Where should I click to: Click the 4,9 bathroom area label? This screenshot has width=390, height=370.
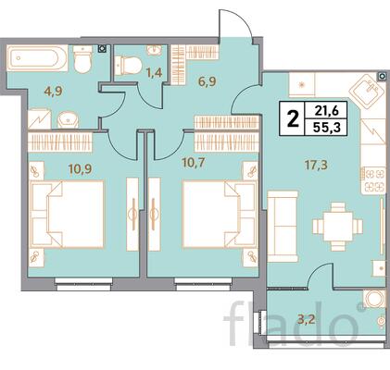(53, 92)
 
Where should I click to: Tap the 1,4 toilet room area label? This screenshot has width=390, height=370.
(155, 73)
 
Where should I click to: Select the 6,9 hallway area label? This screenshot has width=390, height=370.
(208, 82)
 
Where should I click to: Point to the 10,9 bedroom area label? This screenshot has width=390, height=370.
(81, 169)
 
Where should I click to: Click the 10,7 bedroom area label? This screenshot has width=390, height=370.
(194, 163)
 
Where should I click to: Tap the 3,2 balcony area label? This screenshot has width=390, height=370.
(306, 320)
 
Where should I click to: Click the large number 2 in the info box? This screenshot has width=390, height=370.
(294, 118)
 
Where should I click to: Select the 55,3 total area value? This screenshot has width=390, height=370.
(327, 127)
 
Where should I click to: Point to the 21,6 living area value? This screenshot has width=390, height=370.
(327, 110)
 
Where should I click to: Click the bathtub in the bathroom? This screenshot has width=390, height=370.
(37, 58)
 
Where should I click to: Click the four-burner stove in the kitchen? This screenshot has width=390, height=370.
(373, 179)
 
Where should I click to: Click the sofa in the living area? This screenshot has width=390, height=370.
(283, 227)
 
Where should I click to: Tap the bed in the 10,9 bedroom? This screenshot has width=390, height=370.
(67, 215)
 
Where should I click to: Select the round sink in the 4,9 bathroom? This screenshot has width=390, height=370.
(69, 120)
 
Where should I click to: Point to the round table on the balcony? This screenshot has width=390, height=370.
(373, 299)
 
